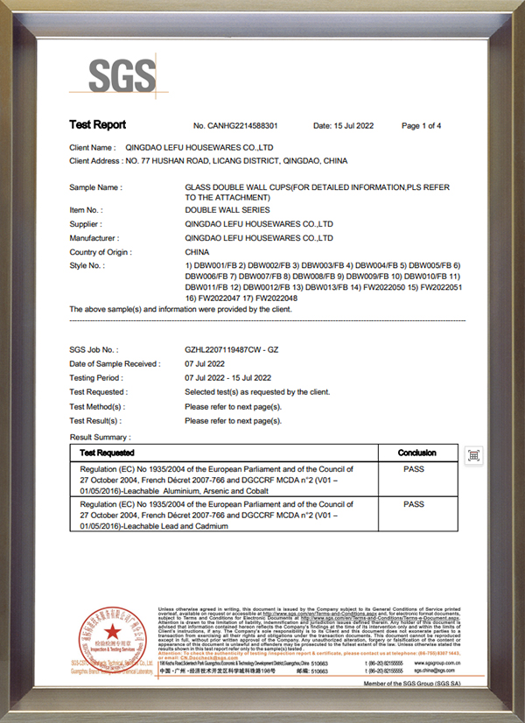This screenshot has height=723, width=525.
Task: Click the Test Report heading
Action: (97, 125)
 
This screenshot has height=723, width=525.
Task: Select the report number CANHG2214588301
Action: (235, 126)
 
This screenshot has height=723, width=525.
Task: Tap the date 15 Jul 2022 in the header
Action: (343, 126)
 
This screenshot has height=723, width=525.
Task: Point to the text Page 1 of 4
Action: (421, 126)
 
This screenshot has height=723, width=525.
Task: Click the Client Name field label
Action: (92, 148)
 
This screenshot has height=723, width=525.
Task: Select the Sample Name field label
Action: (95, 188)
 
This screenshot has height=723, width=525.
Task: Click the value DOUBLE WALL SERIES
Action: (227, 211)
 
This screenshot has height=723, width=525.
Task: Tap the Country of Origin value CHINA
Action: (198, 252)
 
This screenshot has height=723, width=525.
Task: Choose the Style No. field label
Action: (87, 265)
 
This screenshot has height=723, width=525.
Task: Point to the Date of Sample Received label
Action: (115, 364)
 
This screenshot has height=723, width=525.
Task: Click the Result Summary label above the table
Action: (100, 436)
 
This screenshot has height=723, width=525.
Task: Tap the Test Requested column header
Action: (107, 453)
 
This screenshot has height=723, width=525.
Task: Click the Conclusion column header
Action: (416, 453)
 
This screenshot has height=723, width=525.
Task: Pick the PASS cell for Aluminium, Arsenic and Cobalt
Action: (413, 470)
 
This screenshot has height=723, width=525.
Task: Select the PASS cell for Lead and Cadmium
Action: (413, 505)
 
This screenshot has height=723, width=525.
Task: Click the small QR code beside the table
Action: (473, 455)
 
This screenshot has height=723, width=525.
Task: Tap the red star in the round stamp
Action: (112, 632)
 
